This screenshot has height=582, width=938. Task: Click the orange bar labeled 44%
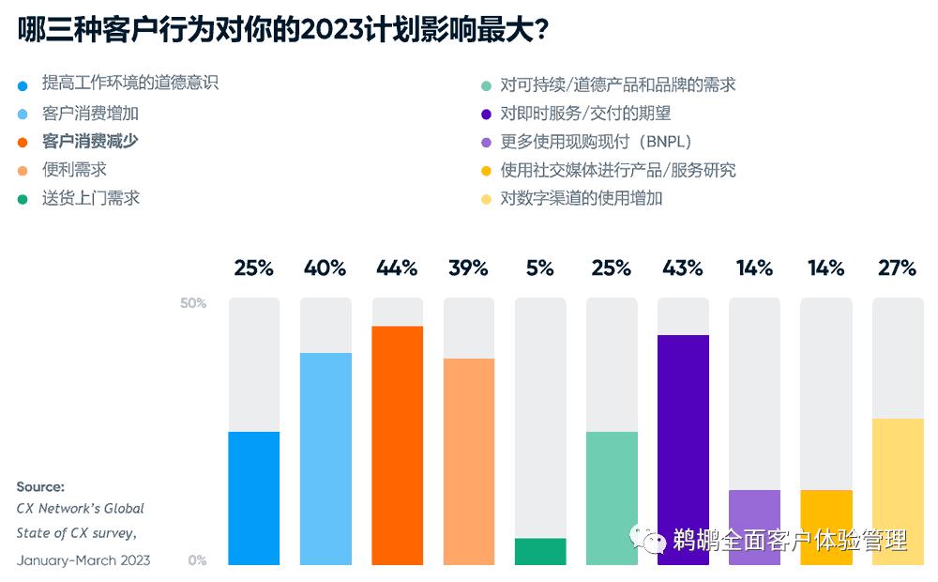click(397, 445)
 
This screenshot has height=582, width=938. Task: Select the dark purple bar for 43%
click(683, 450)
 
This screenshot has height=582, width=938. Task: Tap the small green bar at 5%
click(540, 551)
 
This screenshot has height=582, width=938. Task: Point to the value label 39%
click(468, 268)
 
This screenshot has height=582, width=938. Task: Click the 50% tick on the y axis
click(193, 303)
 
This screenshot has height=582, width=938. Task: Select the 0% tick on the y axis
click(197, 560)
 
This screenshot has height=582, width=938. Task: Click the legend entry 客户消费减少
click(90, 142)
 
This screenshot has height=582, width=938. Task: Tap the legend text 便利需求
click(74, 170)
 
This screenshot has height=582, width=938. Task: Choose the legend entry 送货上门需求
click(90, 198)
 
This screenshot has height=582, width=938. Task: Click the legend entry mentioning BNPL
click(596, 142)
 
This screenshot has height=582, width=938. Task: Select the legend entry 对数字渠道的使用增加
click(582, 198)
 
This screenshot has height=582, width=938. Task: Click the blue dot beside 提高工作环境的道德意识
click(23, 85)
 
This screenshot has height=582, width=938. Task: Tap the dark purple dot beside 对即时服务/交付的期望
click(485, 115)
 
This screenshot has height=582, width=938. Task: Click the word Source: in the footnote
click(40, 487)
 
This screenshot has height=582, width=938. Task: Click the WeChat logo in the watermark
click(648, 539)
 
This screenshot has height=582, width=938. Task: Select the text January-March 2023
click(83, 560)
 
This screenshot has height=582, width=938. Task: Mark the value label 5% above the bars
click(539, 268)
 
